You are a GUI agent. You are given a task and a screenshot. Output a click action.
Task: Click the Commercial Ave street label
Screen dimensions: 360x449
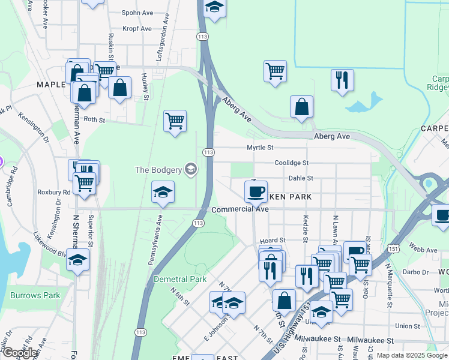(x=240, y=210)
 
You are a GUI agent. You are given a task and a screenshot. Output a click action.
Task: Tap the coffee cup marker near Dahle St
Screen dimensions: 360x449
(x=256, y=191)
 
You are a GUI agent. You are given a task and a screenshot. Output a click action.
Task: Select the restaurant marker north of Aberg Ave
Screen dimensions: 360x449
(x=342, y=80)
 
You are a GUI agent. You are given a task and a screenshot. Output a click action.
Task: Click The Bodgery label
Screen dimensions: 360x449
(x=158, y=169)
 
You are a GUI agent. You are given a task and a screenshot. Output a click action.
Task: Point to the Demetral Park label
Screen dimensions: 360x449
(x=180, y=279)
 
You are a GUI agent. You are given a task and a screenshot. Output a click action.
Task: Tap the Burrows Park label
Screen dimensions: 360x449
(x=35, y=295)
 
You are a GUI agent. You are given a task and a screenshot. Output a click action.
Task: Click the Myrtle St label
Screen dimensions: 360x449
(x=260, y=148)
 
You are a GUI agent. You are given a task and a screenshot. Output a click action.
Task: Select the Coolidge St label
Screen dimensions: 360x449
(x=291, y=163)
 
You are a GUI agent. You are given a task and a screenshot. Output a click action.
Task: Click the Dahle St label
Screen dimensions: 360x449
(x=301, y=178)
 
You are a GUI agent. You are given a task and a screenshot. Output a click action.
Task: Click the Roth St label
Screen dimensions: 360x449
(x=94, y=120)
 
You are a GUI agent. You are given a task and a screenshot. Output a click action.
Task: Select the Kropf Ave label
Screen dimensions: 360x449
(x=137, y=28)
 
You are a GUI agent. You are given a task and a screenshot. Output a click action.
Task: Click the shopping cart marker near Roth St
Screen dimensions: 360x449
(x=175, y=121)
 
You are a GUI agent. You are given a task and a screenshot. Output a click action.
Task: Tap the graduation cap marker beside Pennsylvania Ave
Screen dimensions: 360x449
(x=163, y=192)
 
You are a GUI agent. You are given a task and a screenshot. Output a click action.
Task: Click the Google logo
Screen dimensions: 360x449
(x=20, y=353)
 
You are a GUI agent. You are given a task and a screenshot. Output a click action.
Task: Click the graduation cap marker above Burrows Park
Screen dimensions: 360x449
(x=77, y=260)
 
